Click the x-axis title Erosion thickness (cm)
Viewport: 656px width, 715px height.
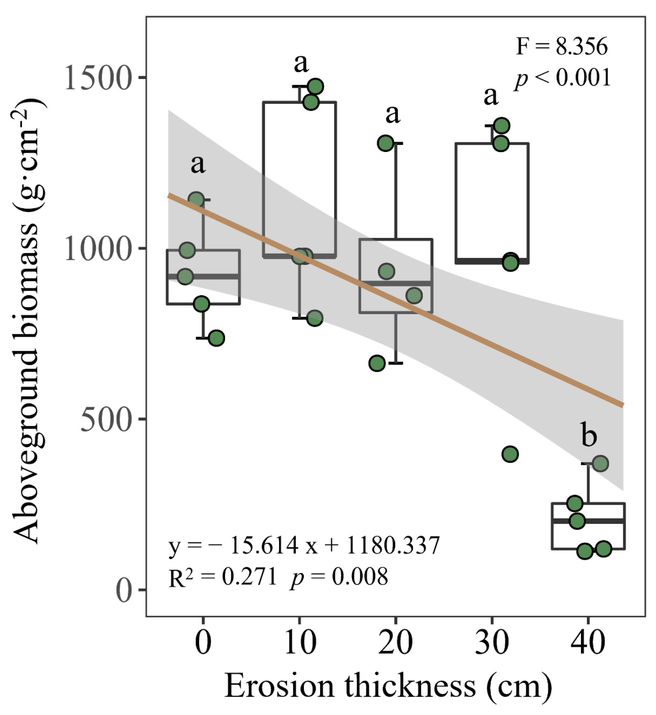(x=388, y=686)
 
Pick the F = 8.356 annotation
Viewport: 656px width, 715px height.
(x=562, y=46)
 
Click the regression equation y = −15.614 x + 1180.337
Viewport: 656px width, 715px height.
(x=304, y=545)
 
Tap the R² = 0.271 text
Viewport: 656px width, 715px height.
(x=223, y=577)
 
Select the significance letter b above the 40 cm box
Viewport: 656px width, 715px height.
(x=589, y=434)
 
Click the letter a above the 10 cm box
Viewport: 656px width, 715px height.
(x=301, y=63)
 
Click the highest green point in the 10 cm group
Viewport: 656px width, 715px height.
(x=315, y=86)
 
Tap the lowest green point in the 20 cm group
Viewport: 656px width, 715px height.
(x=377, y=363)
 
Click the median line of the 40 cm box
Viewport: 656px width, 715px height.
(x=588, y=521)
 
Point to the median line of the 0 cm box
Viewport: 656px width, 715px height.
(x=203, y=277)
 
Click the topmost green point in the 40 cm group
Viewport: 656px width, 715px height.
(x=600, y=464)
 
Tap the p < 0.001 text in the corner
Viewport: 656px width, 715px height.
(x=563, y=78)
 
